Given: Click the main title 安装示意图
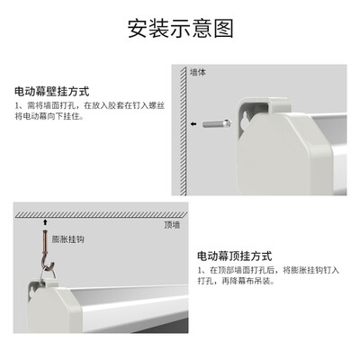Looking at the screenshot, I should click(x=180, y=28).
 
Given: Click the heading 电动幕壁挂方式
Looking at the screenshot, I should click(x=51, y=92).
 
